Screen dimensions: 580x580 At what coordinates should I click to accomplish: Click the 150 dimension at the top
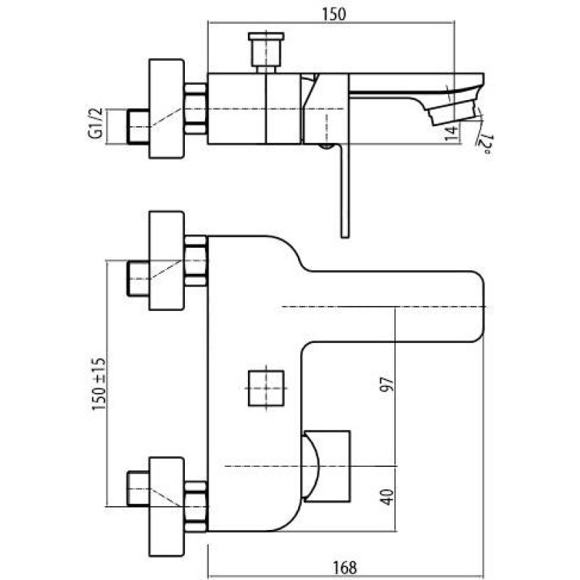tap(334, 14)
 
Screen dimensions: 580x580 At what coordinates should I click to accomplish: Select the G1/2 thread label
tap(95, 123)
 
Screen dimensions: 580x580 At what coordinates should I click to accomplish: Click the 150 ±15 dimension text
tap(99, 384)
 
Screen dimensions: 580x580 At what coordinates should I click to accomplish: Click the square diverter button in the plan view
tap(266, 388)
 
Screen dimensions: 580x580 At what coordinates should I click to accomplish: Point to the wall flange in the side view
tap(167, 108)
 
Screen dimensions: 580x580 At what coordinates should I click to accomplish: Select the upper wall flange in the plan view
tap(167, 260)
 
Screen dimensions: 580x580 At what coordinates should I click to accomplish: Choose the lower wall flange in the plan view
tap(167, 507)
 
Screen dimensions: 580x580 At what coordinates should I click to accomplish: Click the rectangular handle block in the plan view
tap(326, 466)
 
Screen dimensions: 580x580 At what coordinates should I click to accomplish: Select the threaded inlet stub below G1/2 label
tap(138, 126)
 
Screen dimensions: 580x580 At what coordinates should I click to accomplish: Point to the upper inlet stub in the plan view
tap(138, 278)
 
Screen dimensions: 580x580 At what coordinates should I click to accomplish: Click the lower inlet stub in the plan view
tap(138, 488)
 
